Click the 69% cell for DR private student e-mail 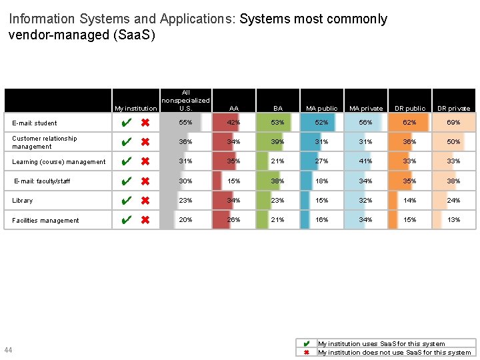(x=453, y=123)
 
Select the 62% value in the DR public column (x=409, y=123)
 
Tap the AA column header (x=233, y=108)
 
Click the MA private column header (x=366, y=108)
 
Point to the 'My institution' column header (x=135, y=108)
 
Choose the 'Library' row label (x=22, y=201)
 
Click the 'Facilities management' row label (x=45, y=221)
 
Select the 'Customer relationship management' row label (x=44, y=143)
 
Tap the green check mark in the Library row (x=125, y=201)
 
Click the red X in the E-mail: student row (x=145, y=123)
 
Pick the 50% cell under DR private (x=453, y=142)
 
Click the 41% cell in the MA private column (x=365, y=161)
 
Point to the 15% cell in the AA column (x=233, y=181)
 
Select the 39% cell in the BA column (x=277, y=142)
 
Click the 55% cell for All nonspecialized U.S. (x=185, y=123)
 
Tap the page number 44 (x=8, y=351)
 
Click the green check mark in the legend (x=306, y=344)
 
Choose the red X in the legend (x=306, y=353)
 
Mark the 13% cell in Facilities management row (x=453, y=220)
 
